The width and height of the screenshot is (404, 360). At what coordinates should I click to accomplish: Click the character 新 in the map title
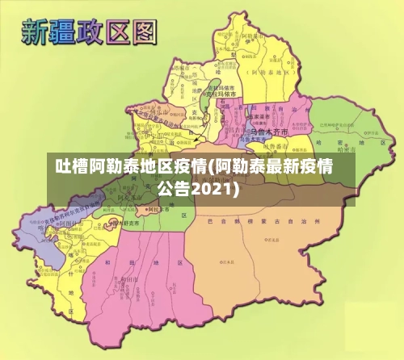tap(38, 31)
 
